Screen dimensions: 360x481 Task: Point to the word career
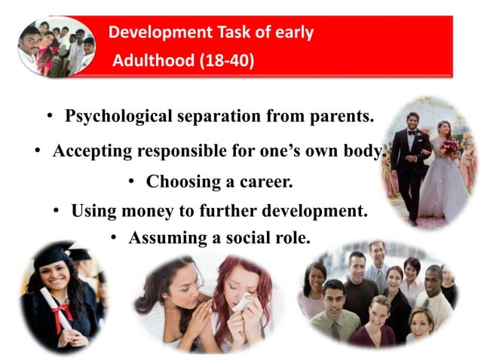[x=265, y=182]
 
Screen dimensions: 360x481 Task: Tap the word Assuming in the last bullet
[x=163, y=238]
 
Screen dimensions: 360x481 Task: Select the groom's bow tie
[x=412, y=132]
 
